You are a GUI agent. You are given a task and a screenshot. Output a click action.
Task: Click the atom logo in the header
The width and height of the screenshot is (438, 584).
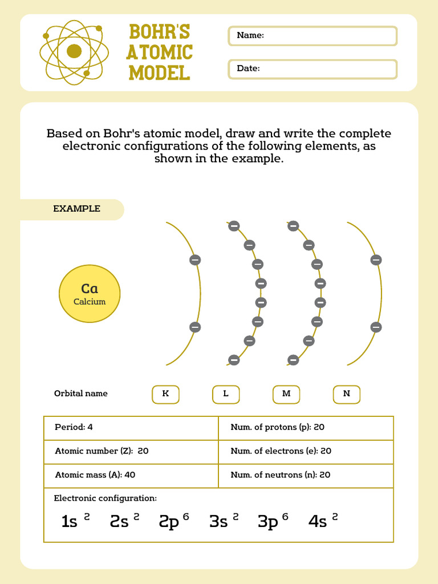click(x=74, y=52)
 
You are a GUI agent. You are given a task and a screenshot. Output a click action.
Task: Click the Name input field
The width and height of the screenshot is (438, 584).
click(x=313, y=36)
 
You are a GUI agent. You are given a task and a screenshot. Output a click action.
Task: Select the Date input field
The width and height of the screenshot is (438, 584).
click(x=313, y=69)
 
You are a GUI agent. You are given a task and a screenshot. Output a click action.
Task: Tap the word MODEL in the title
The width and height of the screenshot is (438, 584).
click(x=159, y=73)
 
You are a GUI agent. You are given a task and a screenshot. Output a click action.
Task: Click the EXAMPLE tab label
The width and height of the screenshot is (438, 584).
click(x=77, y=209)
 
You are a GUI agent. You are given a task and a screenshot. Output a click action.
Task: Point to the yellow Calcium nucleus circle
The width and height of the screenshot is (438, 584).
click(x=90, y=293)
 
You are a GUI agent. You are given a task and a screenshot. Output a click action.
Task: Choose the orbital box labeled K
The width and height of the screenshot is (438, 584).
click(x=165, y=394)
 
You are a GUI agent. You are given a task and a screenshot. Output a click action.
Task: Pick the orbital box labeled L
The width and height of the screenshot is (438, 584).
click(x=226, y=394)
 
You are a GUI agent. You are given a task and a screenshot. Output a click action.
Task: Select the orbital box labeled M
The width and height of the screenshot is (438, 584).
click(x=286, y=394)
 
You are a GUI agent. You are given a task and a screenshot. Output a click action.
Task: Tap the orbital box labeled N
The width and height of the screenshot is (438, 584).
click(x=347, y=394)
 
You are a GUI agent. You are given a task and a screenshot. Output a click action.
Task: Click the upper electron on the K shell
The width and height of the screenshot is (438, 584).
click(x=195, y=260)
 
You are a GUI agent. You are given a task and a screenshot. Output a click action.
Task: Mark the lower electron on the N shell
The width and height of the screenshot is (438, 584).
click(x=376, y=327)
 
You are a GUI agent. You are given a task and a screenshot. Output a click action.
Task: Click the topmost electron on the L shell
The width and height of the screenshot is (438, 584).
click(x=234, y=226)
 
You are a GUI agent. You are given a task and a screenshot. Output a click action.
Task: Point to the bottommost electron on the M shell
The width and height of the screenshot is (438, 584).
click(x=293, y=360)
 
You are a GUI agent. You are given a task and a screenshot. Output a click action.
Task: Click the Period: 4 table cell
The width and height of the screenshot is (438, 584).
click(x=131, y=428)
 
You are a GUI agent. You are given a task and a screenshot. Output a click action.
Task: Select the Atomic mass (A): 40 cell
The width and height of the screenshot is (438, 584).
click(x=131, y=475)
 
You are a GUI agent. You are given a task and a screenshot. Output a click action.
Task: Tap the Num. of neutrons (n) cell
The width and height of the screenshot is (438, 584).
click(x=306, y=475)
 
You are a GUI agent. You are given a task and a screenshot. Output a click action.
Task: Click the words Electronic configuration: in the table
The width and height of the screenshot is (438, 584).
click(x=105, y=498)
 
